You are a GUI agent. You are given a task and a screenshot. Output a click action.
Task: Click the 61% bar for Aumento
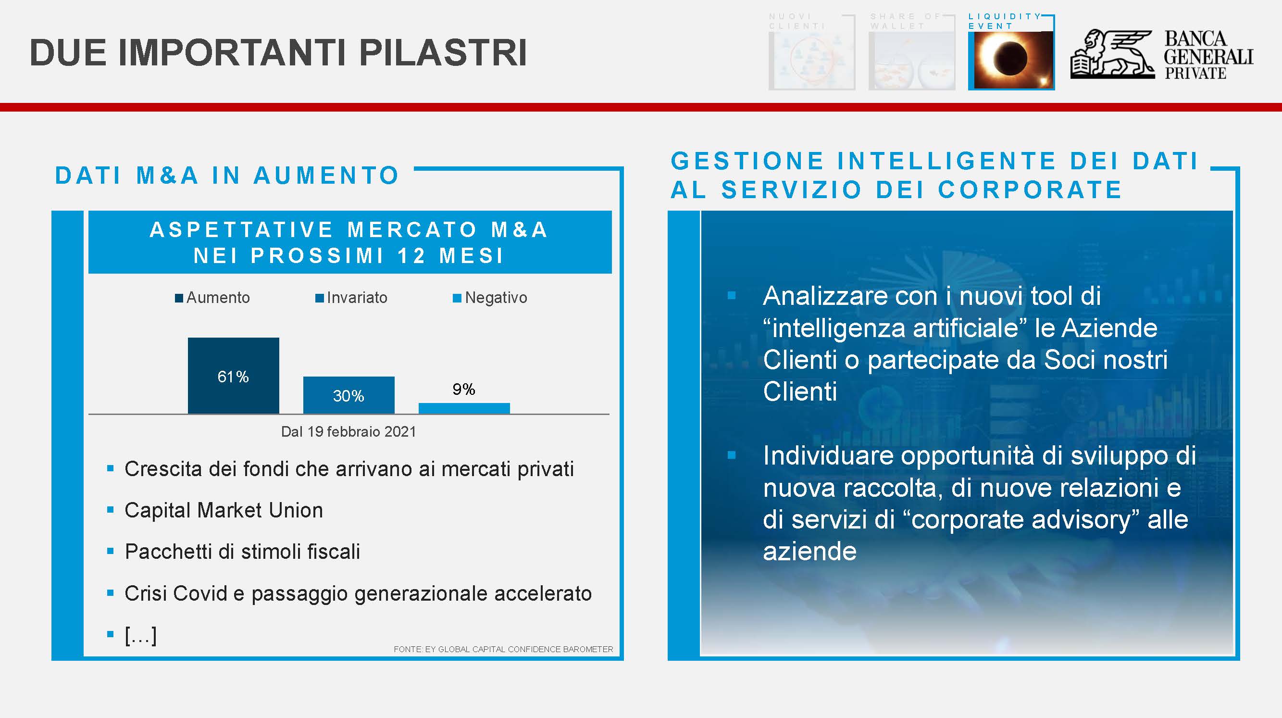click(234, 376)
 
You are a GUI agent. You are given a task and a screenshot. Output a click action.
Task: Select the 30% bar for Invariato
click(349, 395)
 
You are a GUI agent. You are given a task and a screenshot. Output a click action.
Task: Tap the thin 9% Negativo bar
click(464, 408)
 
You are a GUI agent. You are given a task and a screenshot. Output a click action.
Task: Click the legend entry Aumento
click(212, 298)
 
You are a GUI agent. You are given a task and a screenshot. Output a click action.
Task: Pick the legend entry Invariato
click(351, 298)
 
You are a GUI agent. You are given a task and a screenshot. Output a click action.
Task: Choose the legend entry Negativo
click(490, 298)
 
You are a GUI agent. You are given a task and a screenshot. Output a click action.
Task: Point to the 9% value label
click(464, 389)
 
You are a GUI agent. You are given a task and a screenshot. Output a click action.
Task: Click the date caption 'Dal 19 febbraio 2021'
click(349, 431)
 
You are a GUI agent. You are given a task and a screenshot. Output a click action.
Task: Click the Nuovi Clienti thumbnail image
click(812, 60)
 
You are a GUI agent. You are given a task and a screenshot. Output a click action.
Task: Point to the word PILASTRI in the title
click(442, 52)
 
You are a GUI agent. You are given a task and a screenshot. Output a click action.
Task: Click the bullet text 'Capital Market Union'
click(224, 510)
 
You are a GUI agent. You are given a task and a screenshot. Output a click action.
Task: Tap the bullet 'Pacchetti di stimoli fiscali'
click(242, 552)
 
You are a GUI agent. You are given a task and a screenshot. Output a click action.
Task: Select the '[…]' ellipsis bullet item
click(141, 635)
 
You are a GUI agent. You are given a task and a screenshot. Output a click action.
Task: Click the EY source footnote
click(503, 649)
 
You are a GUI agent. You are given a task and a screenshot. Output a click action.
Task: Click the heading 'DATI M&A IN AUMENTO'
click(227, 175)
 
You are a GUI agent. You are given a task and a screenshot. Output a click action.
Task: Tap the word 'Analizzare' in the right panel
click(825, 296)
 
